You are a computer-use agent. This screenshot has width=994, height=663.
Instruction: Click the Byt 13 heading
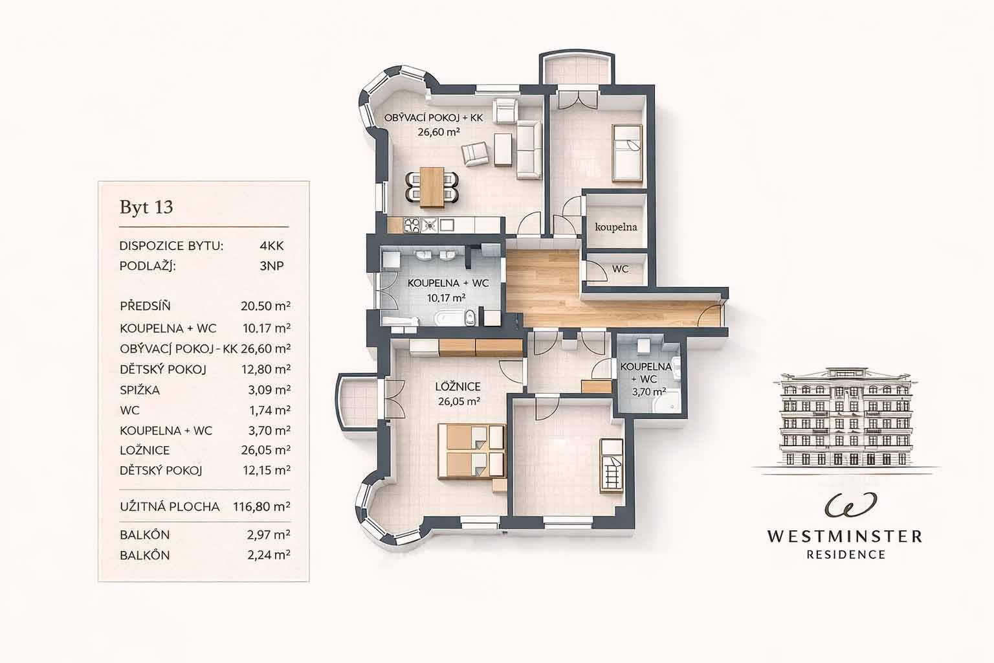click(146, 207)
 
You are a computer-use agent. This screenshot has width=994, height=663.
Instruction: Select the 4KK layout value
click(272, 245)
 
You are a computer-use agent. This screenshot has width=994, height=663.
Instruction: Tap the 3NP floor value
click(272, 265)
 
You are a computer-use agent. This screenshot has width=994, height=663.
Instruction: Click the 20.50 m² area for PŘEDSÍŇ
click(265, 306)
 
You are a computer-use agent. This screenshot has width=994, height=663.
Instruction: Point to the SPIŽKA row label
click(140, 390)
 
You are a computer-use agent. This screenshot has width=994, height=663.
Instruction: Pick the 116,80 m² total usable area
click(262, 506)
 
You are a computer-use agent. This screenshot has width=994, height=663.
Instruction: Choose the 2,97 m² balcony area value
click(269, 535)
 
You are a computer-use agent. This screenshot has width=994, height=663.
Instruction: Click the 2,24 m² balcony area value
click(269, 555)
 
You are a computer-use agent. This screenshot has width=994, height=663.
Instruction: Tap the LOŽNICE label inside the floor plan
click(458, 387)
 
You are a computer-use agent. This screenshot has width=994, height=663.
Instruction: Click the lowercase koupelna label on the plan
click(616, 227)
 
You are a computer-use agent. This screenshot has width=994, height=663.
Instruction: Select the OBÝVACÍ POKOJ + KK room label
click(434, 118)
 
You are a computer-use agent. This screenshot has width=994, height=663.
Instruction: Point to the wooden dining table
click(432, 187)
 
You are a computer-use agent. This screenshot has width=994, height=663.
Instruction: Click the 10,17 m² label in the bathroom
click(447, 298)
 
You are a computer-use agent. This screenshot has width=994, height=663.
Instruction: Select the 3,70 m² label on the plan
click(649, 392)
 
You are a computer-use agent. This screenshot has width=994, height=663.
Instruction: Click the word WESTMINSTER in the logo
click(845, 537)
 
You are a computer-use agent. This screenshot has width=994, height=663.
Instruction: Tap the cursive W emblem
click(845, 505)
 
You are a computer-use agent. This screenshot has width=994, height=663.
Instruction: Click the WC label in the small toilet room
click(620, 269)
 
